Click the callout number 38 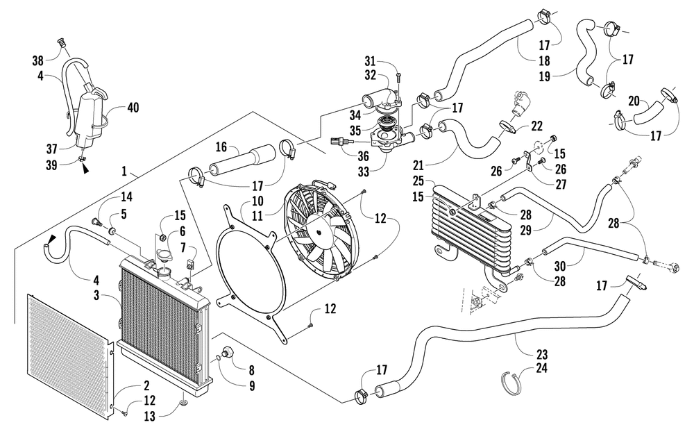pyautogui.click(x=38, y=60)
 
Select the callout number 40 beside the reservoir pyautogui.click(x=133, y=107)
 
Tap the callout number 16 pyautogui.click(x=221, y=147)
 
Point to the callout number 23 pyautogui.click(x=542, y=354)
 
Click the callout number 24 pyautogui.click(x=542, y=367)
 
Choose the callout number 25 pyautogui.click(x=418, y=181)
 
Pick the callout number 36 pyautogui.click(x=363, y=156)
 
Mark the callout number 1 pyautogui.click(x=124, y=171)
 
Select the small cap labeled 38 pyautogui.click(x=62, y=43)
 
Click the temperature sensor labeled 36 pyautogui.click(x=341, y=142)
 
